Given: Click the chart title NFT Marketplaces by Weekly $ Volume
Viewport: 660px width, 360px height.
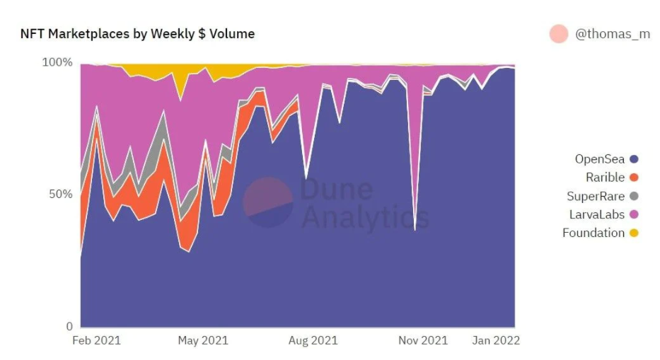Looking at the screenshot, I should (137, 34).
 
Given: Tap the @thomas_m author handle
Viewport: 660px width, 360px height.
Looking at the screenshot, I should (612, 34).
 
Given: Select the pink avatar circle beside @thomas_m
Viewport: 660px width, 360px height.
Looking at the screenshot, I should (559, 34).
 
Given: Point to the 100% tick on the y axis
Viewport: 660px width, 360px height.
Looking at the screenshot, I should (58, 62).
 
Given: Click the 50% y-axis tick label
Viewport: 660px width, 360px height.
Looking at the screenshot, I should (60, 194).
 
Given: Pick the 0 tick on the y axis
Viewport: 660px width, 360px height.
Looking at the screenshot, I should (69, 326).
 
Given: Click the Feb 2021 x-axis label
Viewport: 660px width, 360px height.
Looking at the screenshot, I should (97, 340).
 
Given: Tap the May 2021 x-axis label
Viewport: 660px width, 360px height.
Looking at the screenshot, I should (203, 340).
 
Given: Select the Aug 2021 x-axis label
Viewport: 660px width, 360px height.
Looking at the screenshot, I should (313, 340).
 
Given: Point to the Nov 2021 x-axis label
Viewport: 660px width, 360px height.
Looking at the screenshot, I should (423, 340).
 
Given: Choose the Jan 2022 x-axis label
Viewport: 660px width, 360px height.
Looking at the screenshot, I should (496, 340).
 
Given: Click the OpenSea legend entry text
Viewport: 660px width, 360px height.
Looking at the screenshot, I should (600, 159).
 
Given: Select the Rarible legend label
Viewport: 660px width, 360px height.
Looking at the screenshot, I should (605, 178).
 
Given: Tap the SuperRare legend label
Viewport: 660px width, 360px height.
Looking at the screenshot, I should (596, 196).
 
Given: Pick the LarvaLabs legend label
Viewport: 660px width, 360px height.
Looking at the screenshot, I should (596, 214).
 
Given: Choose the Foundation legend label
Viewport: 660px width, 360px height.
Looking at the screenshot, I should (594, 233).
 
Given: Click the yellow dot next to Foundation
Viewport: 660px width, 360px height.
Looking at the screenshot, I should (634, 233).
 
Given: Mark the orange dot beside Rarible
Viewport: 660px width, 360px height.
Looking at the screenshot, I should (634, 178).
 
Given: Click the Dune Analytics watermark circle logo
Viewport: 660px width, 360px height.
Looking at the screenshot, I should (268, 202).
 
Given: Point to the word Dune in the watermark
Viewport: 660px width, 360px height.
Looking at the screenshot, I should (336, 190).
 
